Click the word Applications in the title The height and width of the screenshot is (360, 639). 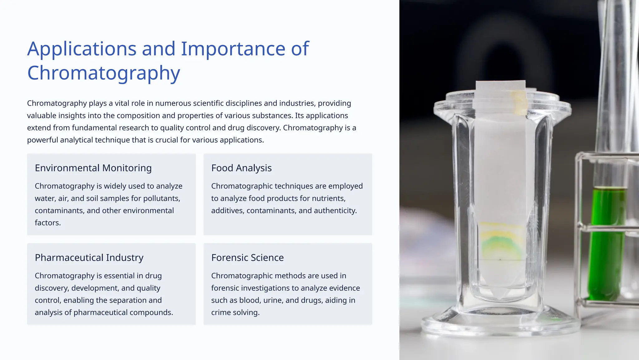pos(82,49)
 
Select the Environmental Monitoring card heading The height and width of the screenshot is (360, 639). pos(93,168)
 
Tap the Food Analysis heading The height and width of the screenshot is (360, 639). pos(241,168)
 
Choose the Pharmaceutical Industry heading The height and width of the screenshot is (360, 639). pos(89,258)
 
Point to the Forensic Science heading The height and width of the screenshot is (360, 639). pos(247,258)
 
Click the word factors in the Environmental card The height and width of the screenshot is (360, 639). pos(47,223)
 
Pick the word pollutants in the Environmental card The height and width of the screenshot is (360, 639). pos(161,198)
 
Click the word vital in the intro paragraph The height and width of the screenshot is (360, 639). pos(123,103)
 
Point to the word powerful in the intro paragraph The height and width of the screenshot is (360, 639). pos(42,140)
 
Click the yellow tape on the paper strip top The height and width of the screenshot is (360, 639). pos(519,103)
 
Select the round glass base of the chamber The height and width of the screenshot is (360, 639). pos(499,325)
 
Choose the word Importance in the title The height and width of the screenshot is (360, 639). pos(233,49)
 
